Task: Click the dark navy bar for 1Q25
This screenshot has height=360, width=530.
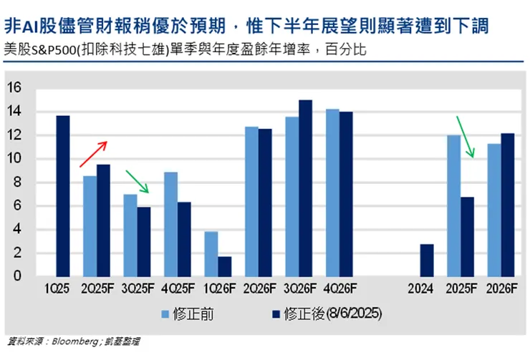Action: point(63,196)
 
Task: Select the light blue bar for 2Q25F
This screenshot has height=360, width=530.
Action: point(90,226)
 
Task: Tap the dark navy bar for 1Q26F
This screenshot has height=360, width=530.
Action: point(224,266)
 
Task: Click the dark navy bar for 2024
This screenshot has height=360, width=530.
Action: point(425,261)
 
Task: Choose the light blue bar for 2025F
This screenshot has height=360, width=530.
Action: point(453,205)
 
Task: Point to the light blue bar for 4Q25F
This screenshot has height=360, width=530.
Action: point(170,224)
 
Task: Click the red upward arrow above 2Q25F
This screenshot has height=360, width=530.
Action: point(93,154)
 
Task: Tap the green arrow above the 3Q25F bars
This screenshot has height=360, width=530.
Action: point(137,182)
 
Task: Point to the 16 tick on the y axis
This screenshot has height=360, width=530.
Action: point(16,88)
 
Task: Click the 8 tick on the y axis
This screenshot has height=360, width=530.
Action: point(19,183)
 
